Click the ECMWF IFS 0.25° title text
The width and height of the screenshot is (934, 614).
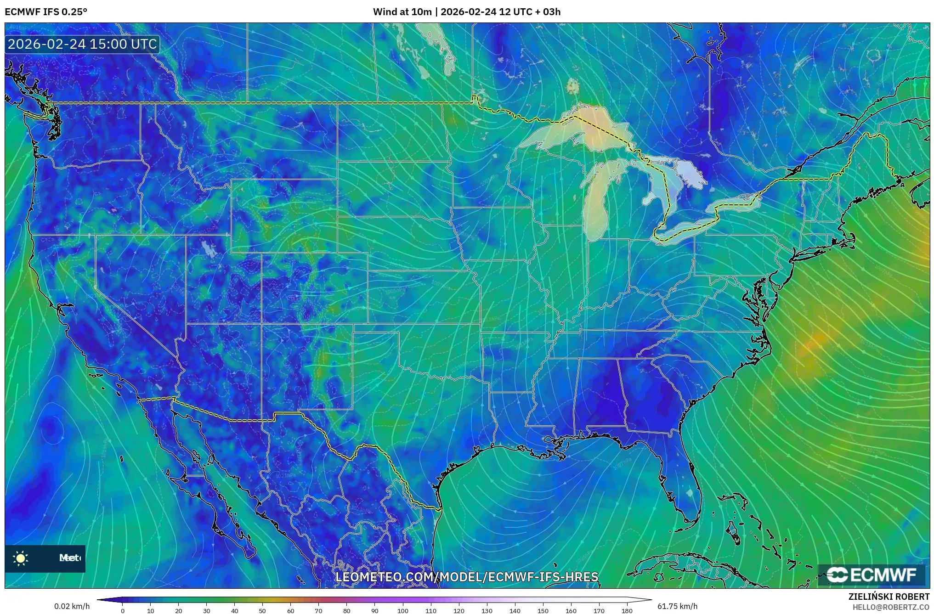point(45,12)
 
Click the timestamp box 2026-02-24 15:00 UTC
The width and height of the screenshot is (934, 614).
point(82,44)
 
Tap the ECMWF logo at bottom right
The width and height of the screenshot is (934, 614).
point(871,575)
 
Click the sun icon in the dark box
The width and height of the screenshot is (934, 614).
point(21,558)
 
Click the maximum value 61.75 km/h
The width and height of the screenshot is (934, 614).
point(677,606)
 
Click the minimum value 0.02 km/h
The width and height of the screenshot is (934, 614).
point(72,606)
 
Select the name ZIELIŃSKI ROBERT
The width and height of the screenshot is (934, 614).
point(889,597)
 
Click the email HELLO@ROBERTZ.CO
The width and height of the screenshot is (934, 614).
point(891,607)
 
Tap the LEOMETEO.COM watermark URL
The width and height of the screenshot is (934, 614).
point(466,577)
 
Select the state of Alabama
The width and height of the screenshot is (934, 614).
point(600,395)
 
